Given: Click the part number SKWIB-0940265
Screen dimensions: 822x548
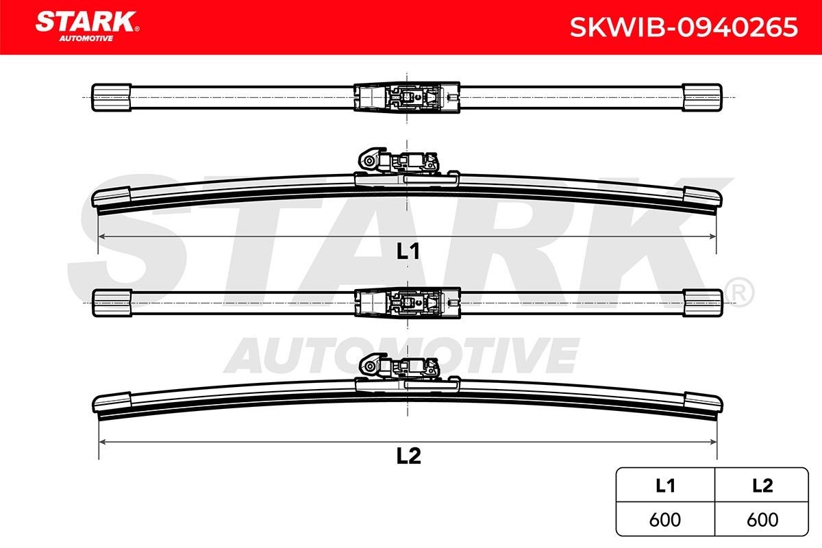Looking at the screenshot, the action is [x=684, y=27].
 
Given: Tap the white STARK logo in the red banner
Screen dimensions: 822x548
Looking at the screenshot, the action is [x=86, y=22].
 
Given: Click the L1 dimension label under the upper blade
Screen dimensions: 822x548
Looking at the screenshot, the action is [x=408, y=251].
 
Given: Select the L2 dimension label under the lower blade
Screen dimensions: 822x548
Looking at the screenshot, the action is [x=408, y=456].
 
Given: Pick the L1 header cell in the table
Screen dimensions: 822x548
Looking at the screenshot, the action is [x=665, y=486].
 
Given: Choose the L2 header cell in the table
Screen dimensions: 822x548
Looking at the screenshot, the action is [x=762, y=486].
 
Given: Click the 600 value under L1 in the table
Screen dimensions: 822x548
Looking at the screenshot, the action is [x=665, y=520].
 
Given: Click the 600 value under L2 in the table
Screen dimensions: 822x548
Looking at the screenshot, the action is [x=762, y=520].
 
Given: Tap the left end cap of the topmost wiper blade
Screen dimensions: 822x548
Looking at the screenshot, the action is [x=112, y=97].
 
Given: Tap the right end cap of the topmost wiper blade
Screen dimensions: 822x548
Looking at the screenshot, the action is [x=702, y=97].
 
